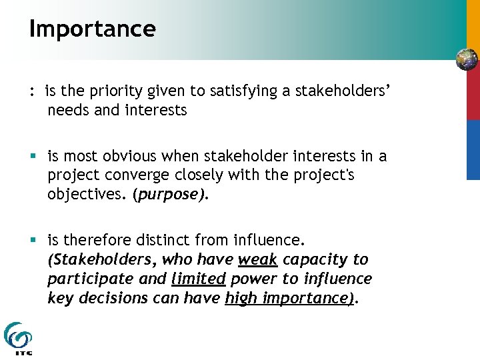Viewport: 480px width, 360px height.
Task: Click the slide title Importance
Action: coord(92,29)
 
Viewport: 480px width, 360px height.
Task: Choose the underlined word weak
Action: coord(257,259)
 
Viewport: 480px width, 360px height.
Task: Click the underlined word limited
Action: coord(198,278)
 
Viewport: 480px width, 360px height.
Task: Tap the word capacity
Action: coord(317,259)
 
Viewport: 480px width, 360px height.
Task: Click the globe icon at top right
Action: coord(467,59)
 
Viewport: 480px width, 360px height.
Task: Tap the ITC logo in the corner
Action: coord(18,338)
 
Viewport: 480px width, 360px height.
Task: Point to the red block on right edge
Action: coord(473,95)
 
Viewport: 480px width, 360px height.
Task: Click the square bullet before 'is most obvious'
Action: coord(33,157)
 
